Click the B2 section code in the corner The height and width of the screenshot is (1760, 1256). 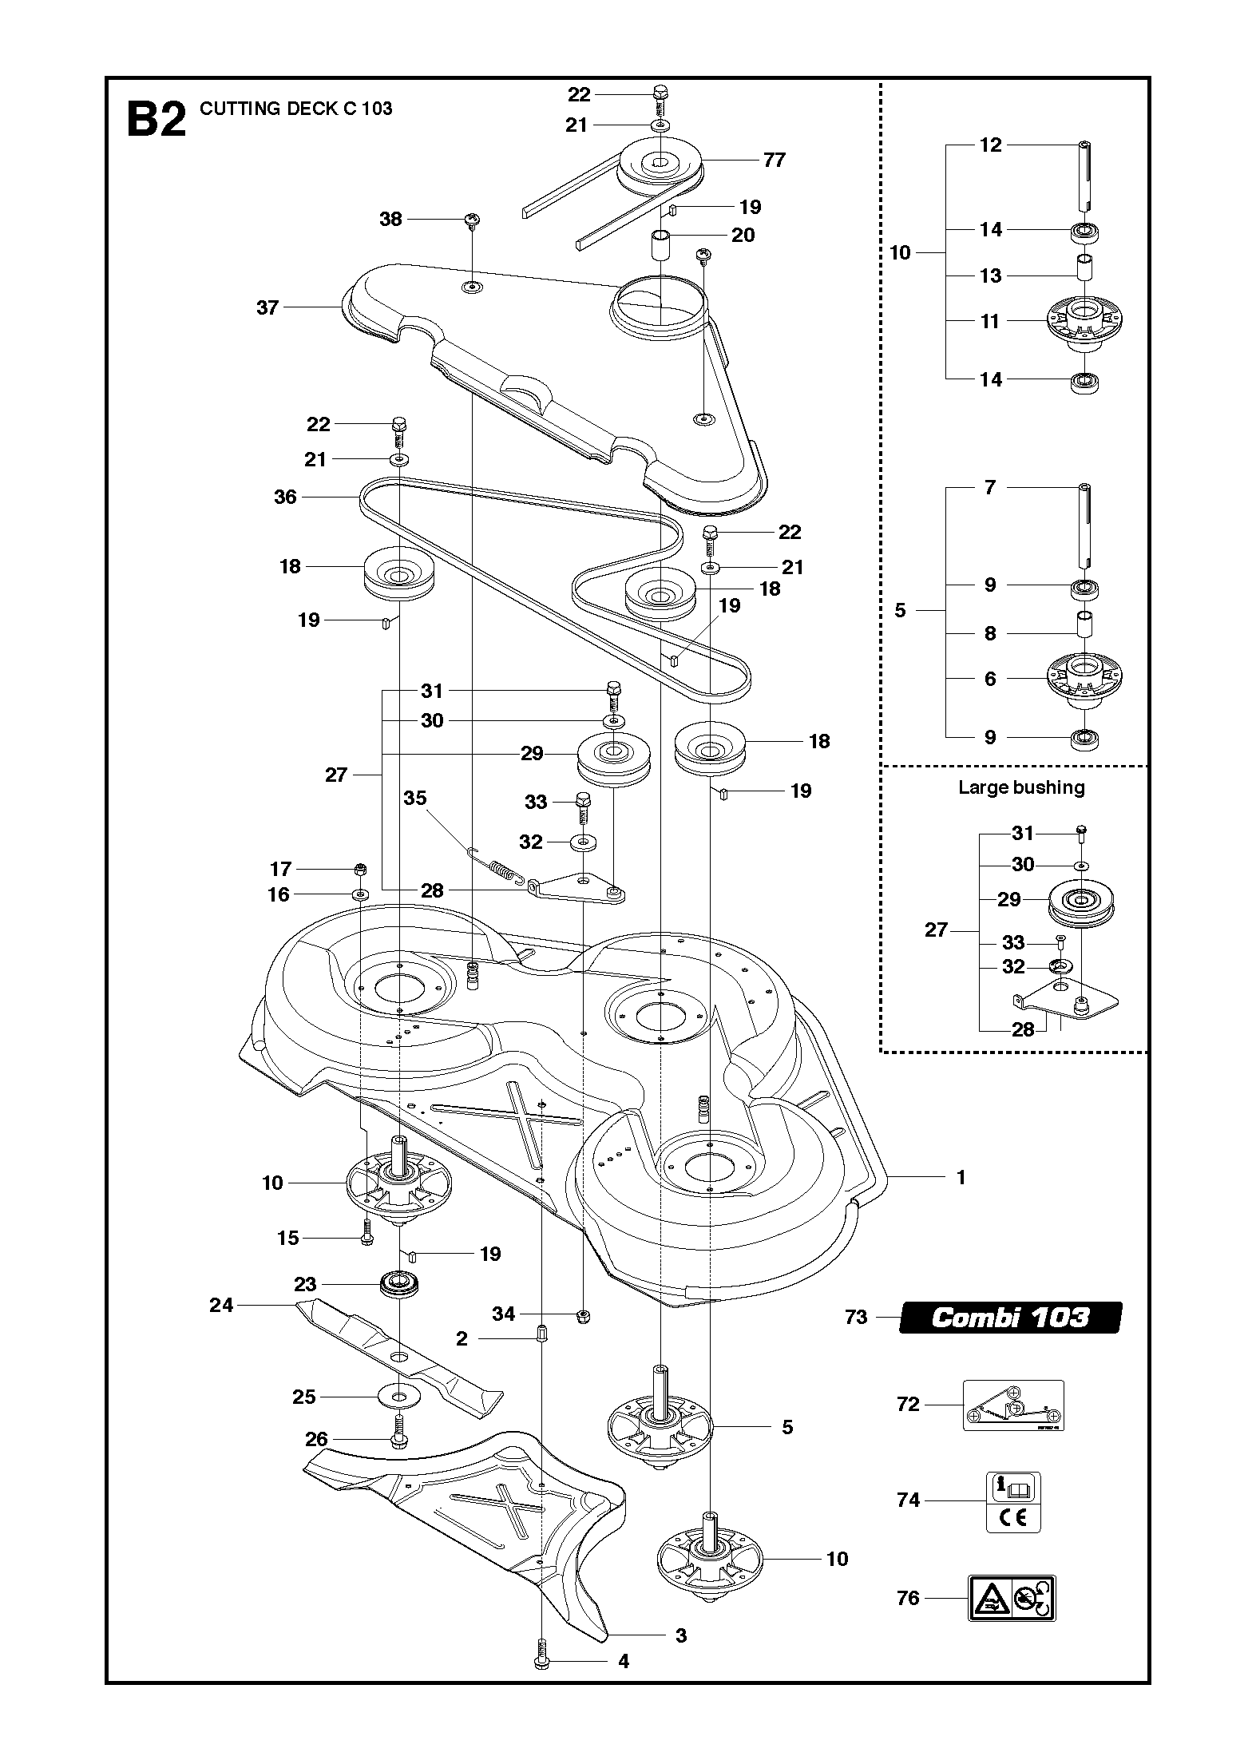pyautogui.click(x=157, y=121)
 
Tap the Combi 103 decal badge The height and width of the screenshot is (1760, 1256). pyautogui.click(x=1010, y=1318)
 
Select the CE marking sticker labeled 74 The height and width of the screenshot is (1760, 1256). pyautogui.click(x=1013, y=1502)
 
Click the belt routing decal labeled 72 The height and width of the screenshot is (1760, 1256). pyautogui.click(x=1013, y=1405)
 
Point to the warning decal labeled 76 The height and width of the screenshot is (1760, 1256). pyautogui.click(x=1012, y=1598)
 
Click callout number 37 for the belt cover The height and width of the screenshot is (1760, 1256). pyautogui.click(x=267, y=307)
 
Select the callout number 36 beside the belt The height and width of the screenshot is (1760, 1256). pyautogui.click(x=285, y=497)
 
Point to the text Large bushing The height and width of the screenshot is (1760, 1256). pyautogui.click(x=1021, y=788)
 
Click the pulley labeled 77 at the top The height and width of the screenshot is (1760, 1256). pyautogui.click(x=660, y=165)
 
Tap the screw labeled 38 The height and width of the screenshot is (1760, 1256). pyautogui.click(x=472, y=220)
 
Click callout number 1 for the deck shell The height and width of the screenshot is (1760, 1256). pyautogui.click(x=961, y=1177)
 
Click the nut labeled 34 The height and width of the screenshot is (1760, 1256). pyautogui.click(x=582, y=1315)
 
